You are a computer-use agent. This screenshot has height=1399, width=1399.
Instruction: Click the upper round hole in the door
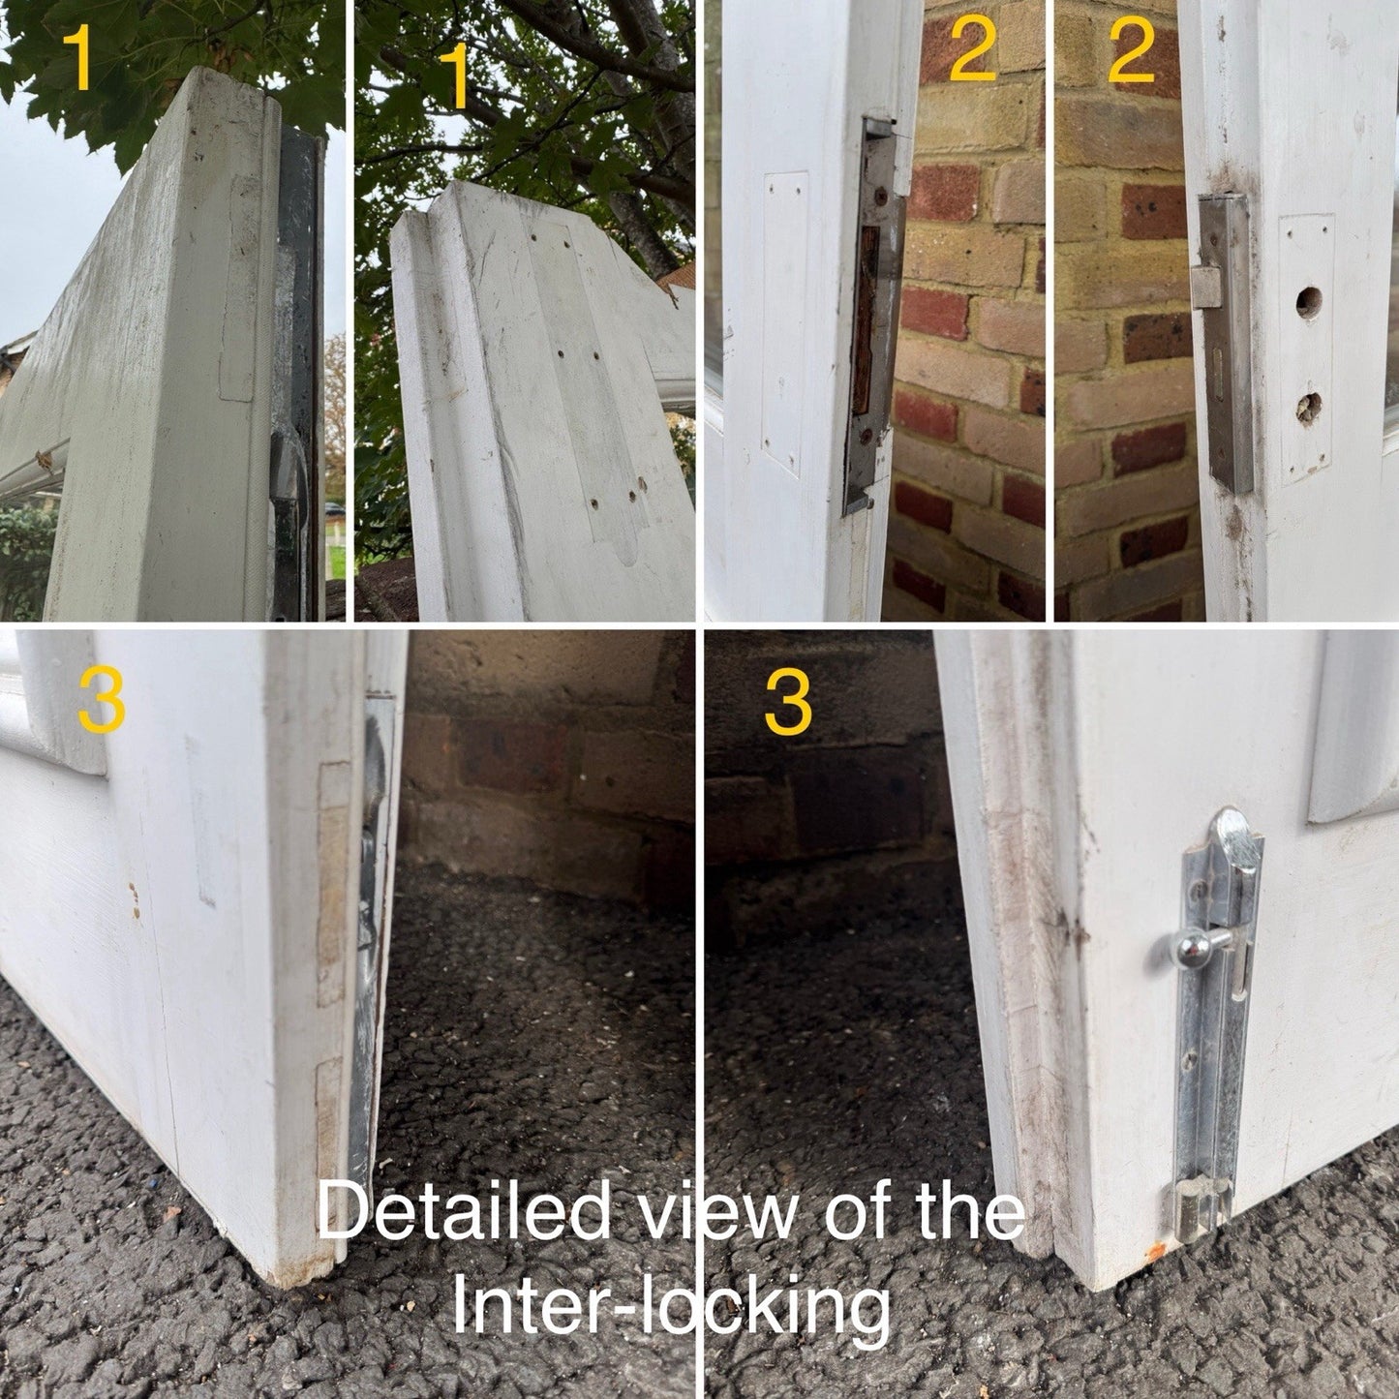[1308, 302]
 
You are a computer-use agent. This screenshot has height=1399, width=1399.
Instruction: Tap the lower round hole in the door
[1308, 408]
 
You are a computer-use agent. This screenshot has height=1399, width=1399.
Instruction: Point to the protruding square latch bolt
[1205, 286]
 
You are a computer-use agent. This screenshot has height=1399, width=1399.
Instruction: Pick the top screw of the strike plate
[881, 196]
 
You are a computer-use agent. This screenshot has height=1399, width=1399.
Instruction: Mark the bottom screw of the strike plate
[866, 437]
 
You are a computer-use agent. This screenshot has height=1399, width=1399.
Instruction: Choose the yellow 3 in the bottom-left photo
[102, 701]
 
